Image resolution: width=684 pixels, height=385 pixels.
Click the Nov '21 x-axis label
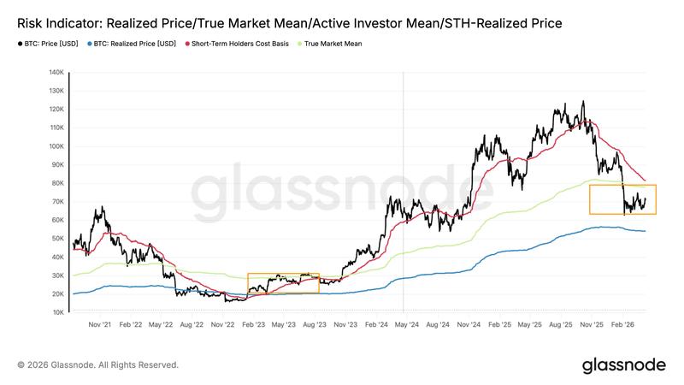100,325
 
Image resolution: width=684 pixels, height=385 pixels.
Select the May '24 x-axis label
407,325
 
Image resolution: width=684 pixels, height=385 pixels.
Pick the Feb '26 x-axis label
622,325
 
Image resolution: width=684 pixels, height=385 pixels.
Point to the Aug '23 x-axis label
315,325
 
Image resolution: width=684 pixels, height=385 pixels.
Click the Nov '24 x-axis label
469,325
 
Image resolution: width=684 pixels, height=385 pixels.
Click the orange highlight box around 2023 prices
283,283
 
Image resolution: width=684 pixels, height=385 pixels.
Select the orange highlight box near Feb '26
622,199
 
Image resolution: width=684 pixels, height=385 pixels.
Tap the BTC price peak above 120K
583,102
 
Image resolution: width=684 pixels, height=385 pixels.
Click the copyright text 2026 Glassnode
97,365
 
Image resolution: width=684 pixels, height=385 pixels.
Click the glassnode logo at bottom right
623,364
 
